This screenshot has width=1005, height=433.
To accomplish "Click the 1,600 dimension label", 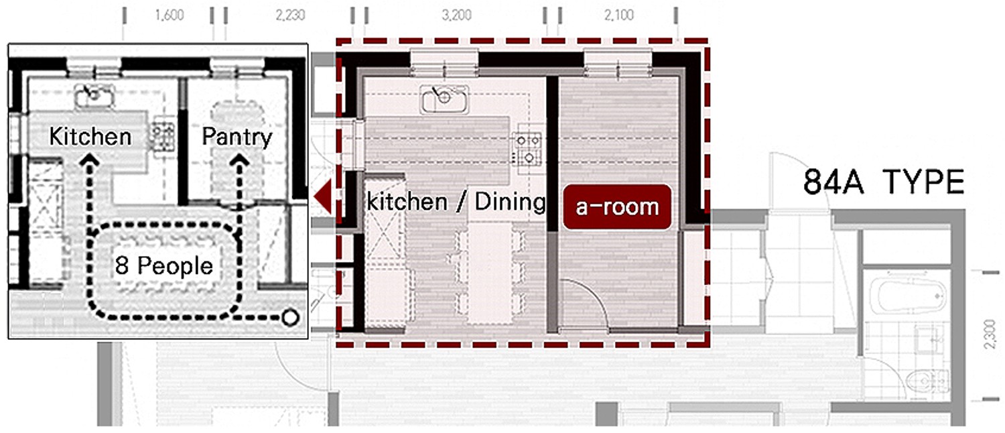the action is click(x=169, y=15).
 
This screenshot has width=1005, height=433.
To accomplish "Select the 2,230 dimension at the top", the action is click(x=290, y=15).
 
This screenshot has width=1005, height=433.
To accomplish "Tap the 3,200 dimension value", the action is click(x=457, y=15).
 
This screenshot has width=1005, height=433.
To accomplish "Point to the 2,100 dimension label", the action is click(x=618, y=15).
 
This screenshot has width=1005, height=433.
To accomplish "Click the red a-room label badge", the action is click(x=617, y=207).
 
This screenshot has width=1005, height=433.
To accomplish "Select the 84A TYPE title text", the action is click(x=884, y=182).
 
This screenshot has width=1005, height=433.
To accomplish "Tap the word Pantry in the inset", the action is click(x=237, y=137).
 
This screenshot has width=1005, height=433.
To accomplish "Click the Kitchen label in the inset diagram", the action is click(x=90, y=137).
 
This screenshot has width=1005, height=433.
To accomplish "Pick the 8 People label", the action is click(x=163, y=265).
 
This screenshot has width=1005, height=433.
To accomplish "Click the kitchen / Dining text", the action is click(x=456, y=202).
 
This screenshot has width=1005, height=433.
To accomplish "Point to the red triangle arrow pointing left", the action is click(x=322, y=196).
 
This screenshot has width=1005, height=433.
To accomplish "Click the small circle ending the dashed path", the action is click(x=290, y=317).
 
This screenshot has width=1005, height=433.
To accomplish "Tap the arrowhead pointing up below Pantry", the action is click(x=240, y=160).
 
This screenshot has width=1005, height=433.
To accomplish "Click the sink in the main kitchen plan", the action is click(x=444, y=99).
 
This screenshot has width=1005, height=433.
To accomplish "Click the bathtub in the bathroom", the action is click(x=909, y=296).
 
